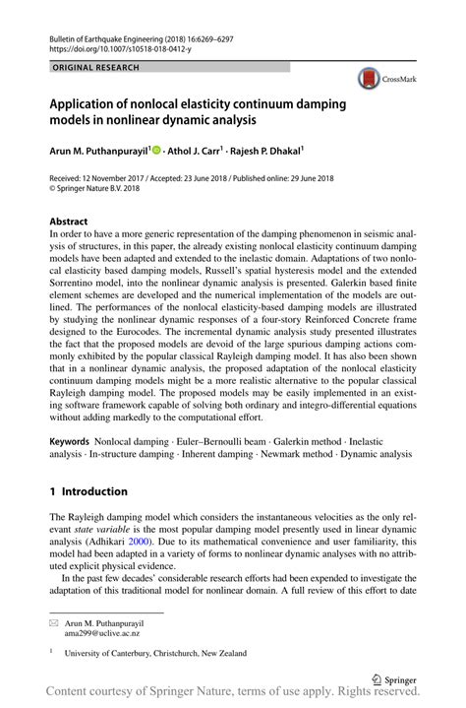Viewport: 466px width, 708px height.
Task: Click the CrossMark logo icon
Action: coord(370,80)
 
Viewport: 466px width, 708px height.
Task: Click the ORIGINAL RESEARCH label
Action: coord(97,67)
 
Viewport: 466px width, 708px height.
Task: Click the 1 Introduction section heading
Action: coord(88,490)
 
